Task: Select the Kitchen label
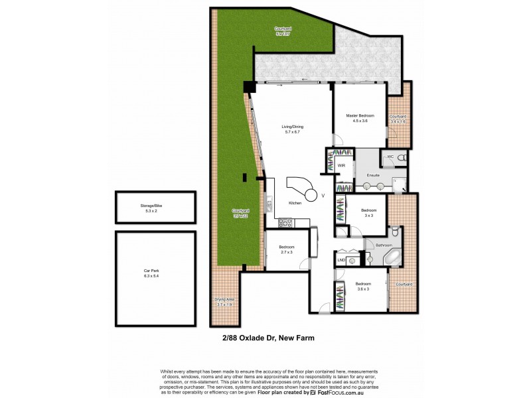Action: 295,203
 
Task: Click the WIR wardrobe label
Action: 341,165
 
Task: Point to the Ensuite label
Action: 373,175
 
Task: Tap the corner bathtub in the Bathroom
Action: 392,256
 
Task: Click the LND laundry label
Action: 341,260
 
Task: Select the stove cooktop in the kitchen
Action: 285,223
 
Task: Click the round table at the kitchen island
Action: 323,195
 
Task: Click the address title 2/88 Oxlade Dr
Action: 268,338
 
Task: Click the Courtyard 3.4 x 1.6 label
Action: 398,119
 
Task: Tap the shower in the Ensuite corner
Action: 400,185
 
